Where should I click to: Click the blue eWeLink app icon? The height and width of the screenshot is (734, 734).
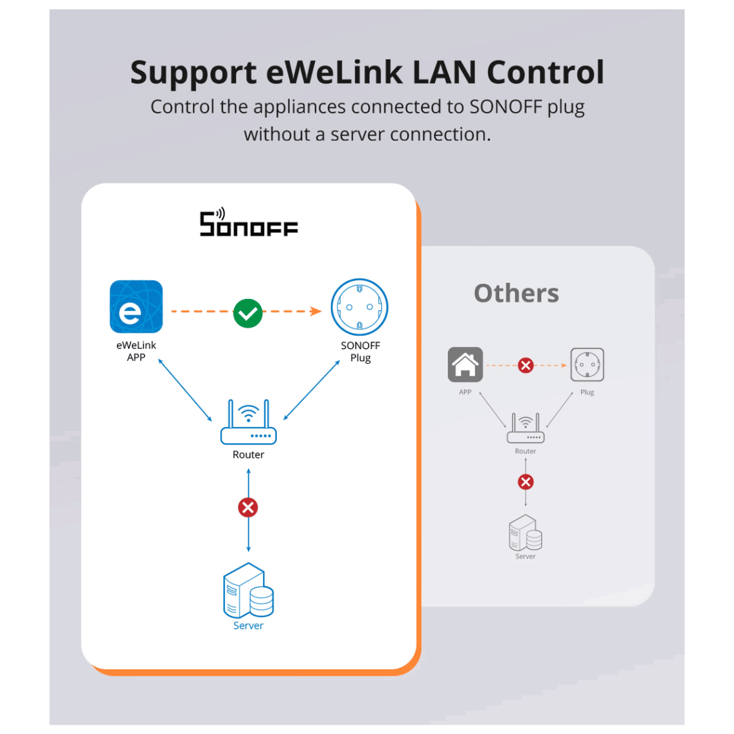click(136, 307)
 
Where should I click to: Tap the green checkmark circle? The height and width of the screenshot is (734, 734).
click(248, 313)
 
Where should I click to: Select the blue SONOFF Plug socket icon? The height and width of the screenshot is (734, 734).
click(360, 307)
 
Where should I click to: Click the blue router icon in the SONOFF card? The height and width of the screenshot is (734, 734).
click(249, 422)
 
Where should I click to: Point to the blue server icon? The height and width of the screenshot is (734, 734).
click(249, 590)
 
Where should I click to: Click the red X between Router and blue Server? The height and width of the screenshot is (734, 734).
click(248, 507)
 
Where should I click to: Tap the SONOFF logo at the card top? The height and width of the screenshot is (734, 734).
click(249, 222)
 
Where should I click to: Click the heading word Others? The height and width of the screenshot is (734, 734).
click(516, 294)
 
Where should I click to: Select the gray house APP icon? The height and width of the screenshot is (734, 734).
click(465, 364)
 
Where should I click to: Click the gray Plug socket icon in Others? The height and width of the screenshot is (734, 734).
click(587, 364)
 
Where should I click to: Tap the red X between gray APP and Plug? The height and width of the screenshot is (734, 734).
click(526, 365)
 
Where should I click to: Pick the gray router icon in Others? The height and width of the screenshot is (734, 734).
click(526, 428)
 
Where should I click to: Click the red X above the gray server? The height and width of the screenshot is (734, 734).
click(526, 482)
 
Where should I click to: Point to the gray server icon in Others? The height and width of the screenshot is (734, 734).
click(526, 532)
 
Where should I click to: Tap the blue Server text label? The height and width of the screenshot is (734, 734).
click(249, 625)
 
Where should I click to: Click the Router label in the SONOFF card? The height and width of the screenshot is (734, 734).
click(249, 454)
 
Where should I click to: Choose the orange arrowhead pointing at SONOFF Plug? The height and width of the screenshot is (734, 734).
click(316, 312)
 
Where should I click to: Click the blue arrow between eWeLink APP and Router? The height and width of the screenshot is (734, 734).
click(185, 390)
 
